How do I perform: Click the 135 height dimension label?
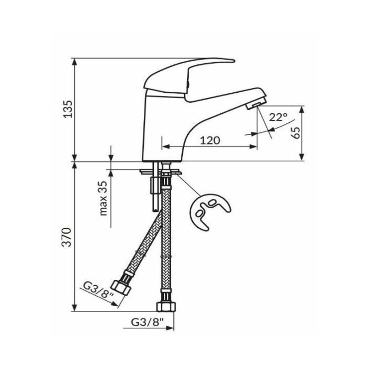69,109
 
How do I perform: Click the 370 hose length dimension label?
66,237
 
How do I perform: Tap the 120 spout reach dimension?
210,141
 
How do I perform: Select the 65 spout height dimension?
296,133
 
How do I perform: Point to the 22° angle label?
278,117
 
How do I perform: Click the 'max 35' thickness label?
103,198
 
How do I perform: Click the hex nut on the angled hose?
121,288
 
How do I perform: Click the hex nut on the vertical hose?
166,306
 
